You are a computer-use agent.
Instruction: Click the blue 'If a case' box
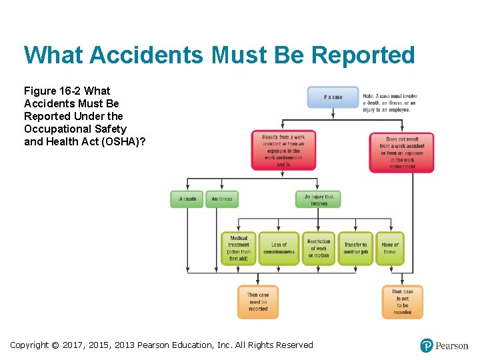(x=333, y=97)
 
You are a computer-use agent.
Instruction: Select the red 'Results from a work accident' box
(x=283, y=150)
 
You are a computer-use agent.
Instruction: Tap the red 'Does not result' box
(x=401, y=153)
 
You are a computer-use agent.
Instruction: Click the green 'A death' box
(x=187, y=199)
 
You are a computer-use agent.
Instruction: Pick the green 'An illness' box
(x=222, y=199)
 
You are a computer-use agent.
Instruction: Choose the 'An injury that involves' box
(x=318, y=199)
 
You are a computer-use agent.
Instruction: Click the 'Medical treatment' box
(x=239, y=249)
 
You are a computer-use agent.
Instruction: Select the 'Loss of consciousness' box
(x=279, y=249)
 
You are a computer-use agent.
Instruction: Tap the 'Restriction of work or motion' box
(x=319, y=249)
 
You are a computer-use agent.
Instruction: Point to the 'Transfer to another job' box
(x=355, y=249)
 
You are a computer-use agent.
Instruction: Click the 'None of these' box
(x=390, y=249)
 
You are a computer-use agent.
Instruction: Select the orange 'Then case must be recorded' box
(x=258, y=302)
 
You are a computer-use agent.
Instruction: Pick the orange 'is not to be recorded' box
(x=402, y=302)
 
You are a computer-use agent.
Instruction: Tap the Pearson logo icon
(x=427, y=345)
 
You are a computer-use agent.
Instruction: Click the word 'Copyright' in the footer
(x=29, y=345)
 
